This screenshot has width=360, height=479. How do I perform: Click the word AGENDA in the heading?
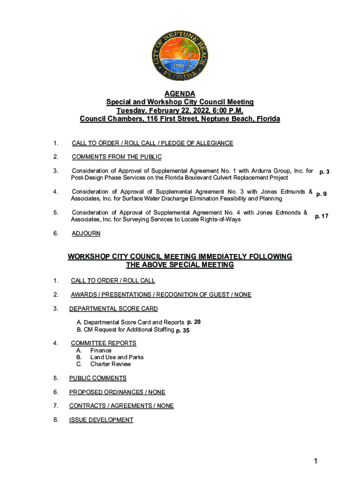click(x=180, y=94)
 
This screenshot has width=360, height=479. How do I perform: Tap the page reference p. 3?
click(x=324, y=172)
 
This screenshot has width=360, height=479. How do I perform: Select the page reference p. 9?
click(x=321, y=194)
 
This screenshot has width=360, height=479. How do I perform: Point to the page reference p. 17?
click(x=322, y=216)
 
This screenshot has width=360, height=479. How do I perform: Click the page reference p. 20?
click(x=194, y=322)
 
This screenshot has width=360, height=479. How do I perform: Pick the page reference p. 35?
click(x=182, y=330)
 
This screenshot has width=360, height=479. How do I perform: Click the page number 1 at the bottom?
click(x=316, y=462)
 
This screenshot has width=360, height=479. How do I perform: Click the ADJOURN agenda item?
click(x=86, y=233)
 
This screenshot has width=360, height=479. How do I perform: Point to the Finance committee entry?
click(x=101, y=350)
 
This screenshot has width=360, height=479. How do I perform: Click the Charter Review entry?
click(x=110, y=364)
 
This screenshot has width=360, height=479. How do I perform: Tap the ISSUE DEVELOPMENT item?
click(x=101, y=420)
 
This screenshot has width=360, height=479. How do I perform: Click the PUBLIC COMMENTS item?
click(x=98, y=378)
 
